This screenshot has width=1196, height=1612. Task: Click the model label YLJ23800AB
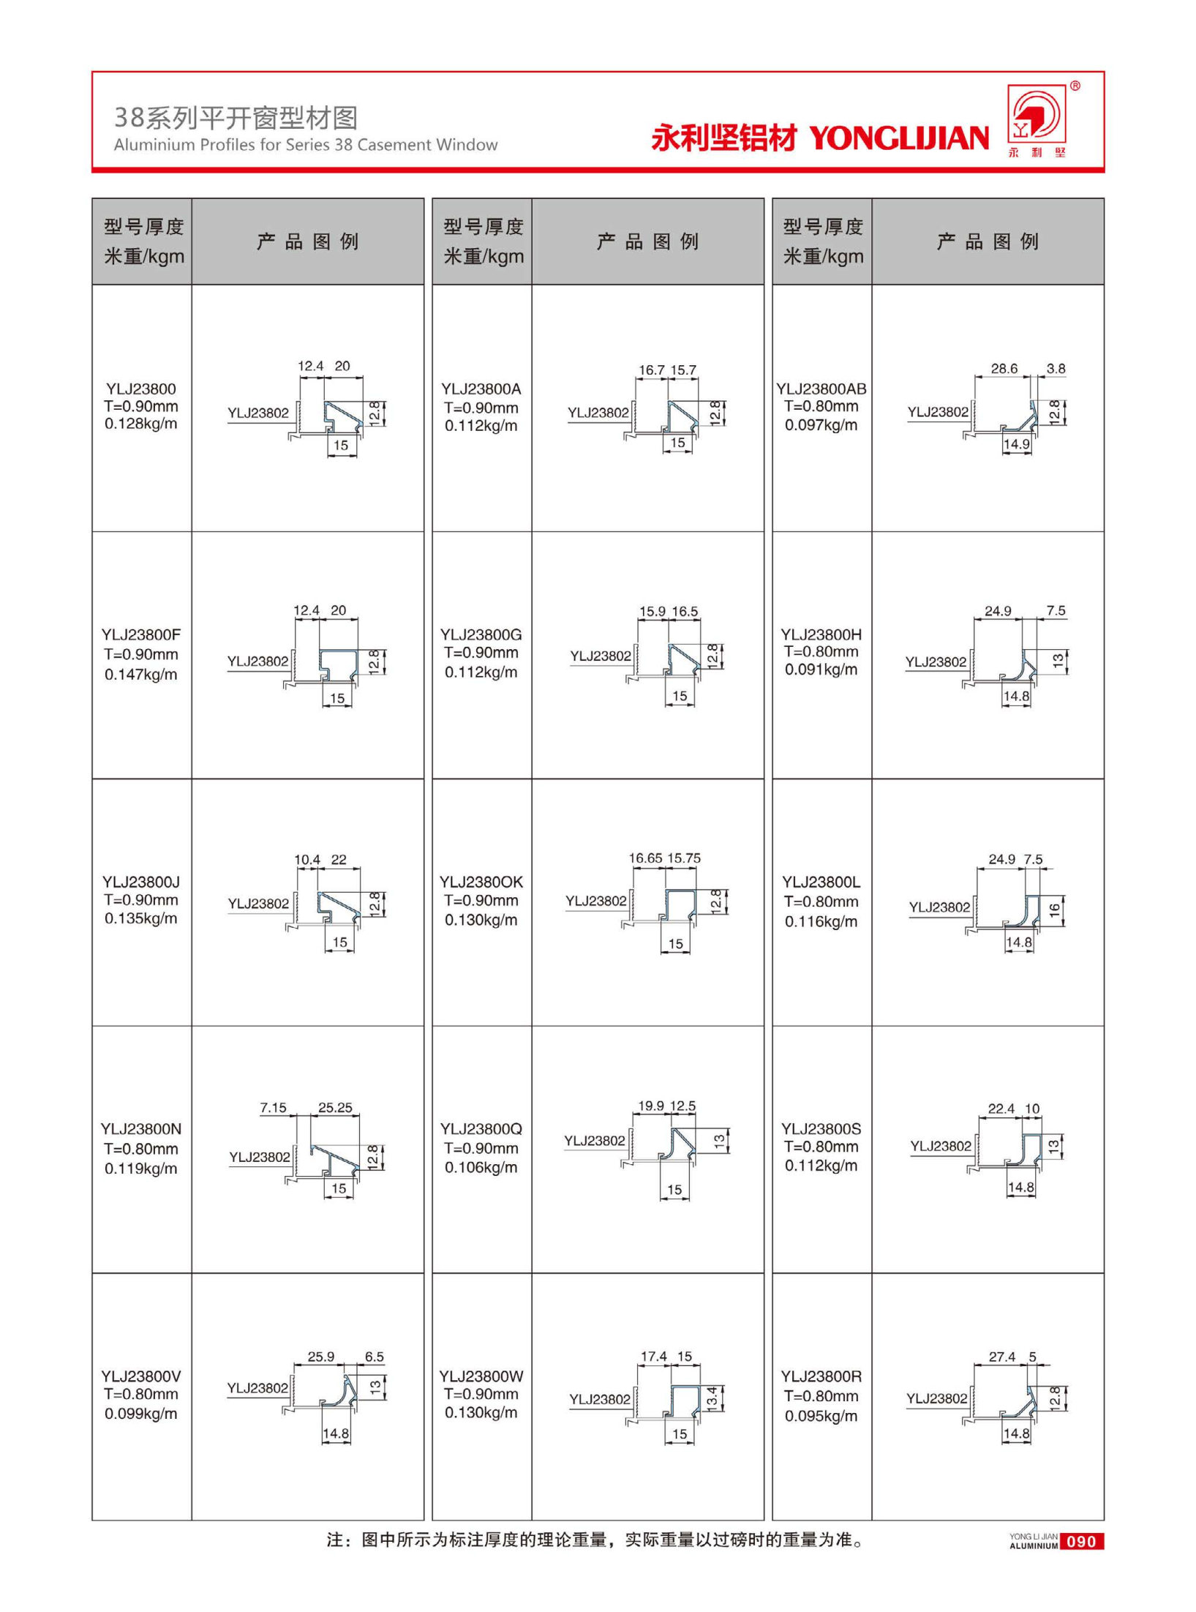(821, 389)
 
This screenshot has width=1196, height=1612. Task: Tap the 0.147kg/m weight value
(140, 674)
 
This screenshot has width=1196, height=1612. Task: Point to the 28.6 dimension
(1004, 369)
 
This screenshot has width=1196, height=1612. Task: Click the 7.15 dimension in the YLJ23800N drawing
(273, 1107)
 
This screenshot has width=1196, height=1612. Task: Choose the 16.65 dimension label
(644, 858)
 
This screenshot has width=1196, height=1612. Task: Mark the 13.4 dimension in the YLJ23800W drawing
(712, 1398)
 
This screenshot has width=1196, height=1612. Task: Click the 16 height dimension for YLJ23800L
(1054, 910)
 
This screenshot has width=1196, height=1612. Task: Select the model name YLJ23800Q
(481, 1128)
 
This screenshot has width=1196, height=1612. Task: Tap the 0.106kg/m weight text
(481, 1167)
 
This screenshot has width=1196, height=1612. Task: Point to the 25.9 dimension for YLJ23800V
(320, 1357)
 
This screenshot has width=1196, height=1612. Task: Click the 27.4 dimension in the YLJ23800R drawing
(1001, 1357)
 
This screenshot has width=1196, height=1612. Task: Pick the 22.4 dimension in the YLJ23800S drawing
(1001, 1109)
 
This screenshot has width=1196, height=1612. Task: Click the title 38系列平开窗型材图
(236, 117)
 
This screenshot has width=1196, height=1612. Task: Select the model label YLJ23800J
(140, 882)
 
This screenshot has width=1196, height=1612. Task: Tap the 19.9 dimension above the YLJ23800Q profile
(650, 1106)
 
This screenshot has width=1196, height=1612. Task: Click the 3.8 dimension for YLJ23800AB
(1056, 369)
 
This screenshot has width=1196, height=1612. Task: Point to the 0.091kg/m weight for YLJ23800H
(821, 670)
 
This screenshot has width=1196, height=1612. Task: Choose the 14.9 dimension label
(1016, 444)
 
